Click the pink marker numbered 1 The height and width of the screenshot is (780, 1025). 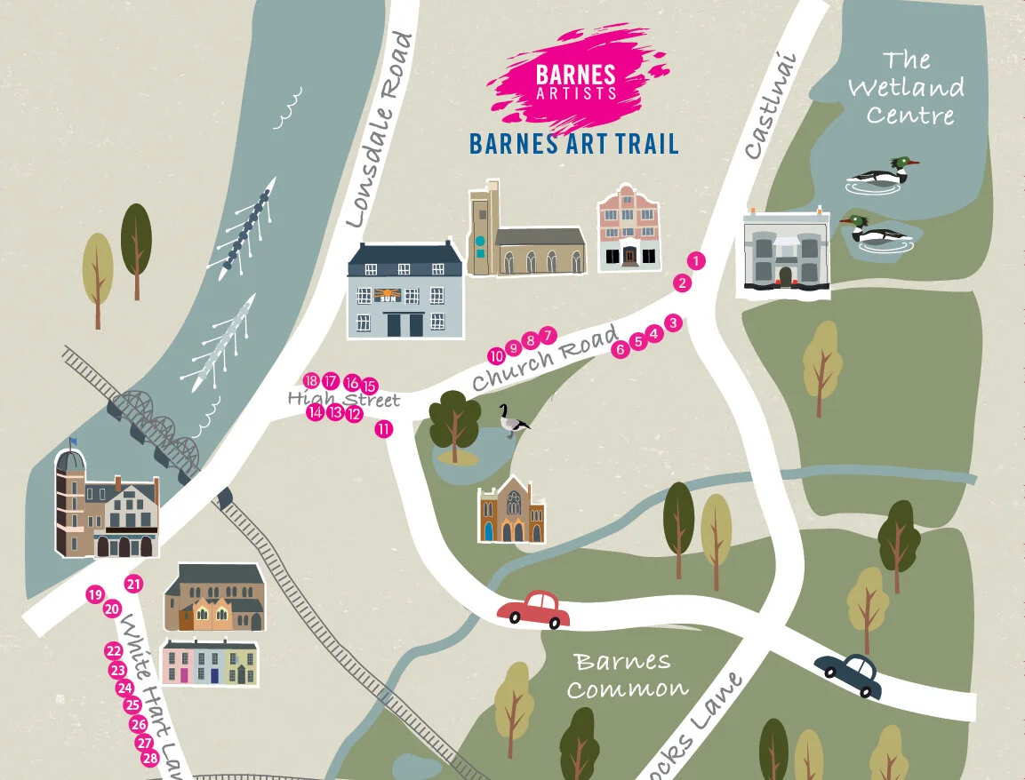696,261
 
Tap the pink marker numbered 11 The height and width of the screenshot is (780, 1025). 384,429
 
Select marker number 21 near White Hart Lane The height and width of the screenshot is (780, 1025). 134,584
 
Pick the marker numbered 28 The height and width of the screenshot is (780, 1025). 150,758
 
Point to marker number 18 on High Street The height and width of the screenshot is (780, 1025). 311,380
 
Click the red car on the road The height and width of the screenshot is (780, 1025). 533,609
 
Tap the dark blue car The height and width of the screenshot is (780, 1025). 849,675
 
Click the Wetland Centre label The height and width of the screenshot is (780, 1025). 905,88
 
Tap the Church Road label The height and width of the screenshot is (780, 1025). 544,359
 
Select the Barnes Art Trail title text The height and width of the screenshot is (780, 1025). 573,142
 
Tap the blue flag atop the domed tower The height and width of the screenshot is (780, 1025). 73,442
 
